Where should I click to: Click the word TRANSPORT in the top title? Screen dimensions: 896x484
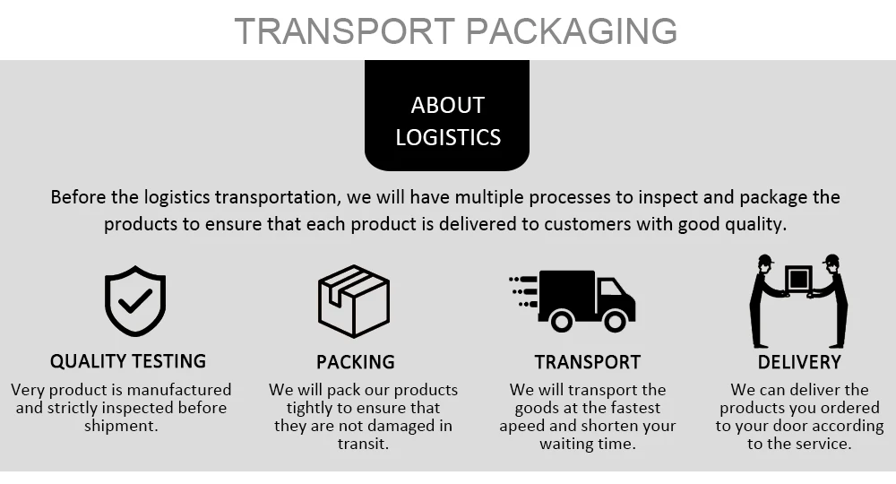click(346, 30)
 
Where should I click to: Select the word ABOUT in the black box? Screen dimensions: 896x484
click(447, 105)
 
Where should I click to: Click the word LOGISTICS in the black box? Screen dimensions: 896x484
click(447, 137)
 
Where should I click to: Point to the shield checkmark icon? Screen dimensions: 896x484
click(134, 301)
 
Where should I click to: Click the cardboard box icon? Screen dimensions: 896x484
click(353, 301)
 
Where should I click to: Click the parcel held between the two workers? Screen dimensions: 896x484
click(797, 279)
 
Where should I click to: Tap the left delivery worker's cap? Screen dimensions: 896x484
click(764, 260)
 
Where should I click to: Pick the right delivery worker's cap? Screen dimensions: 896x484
click(831, 260)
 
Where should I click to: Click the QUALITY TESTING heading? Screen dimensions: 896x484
click(128, 361)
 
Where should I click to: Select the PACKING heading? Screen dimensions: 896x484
click(355, 362)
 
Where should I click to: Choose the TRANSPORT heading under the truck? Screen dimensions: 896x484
click(587, 362)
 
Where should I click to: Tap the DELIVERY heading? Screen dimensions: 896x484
click(799, 362)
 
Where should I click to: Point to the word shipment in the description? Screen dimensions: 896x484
click(120, 426)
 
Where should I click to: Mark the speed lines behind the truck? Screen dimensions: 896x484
click(523, 290)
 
